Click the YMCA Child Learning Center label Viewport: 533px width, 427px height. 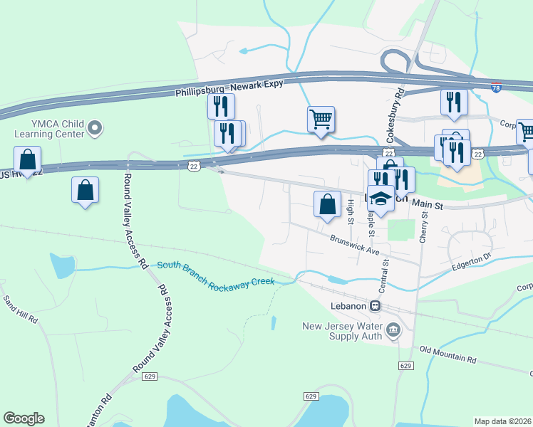click(x=44, y=128)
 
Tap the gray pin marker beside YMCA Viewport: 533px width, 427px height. click(x=95, y=129)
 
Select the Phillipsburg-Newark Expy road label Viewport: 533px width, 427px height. click(x=229, y=88)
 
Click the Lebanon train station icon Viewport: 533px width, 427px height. click(x=375, y=305)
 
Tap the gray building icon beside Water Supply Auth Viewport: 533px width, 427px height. click(x=393, y=330)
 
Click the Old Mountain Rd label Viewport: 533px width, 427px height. click(x=447, y=354)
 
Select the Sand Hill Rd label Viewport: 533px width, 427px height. click(x=21, y=310)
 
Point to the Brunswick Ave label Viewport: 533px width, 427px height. click(x=353, y=246)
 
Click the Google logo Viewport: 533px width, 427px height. click(x=24, y=418)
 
